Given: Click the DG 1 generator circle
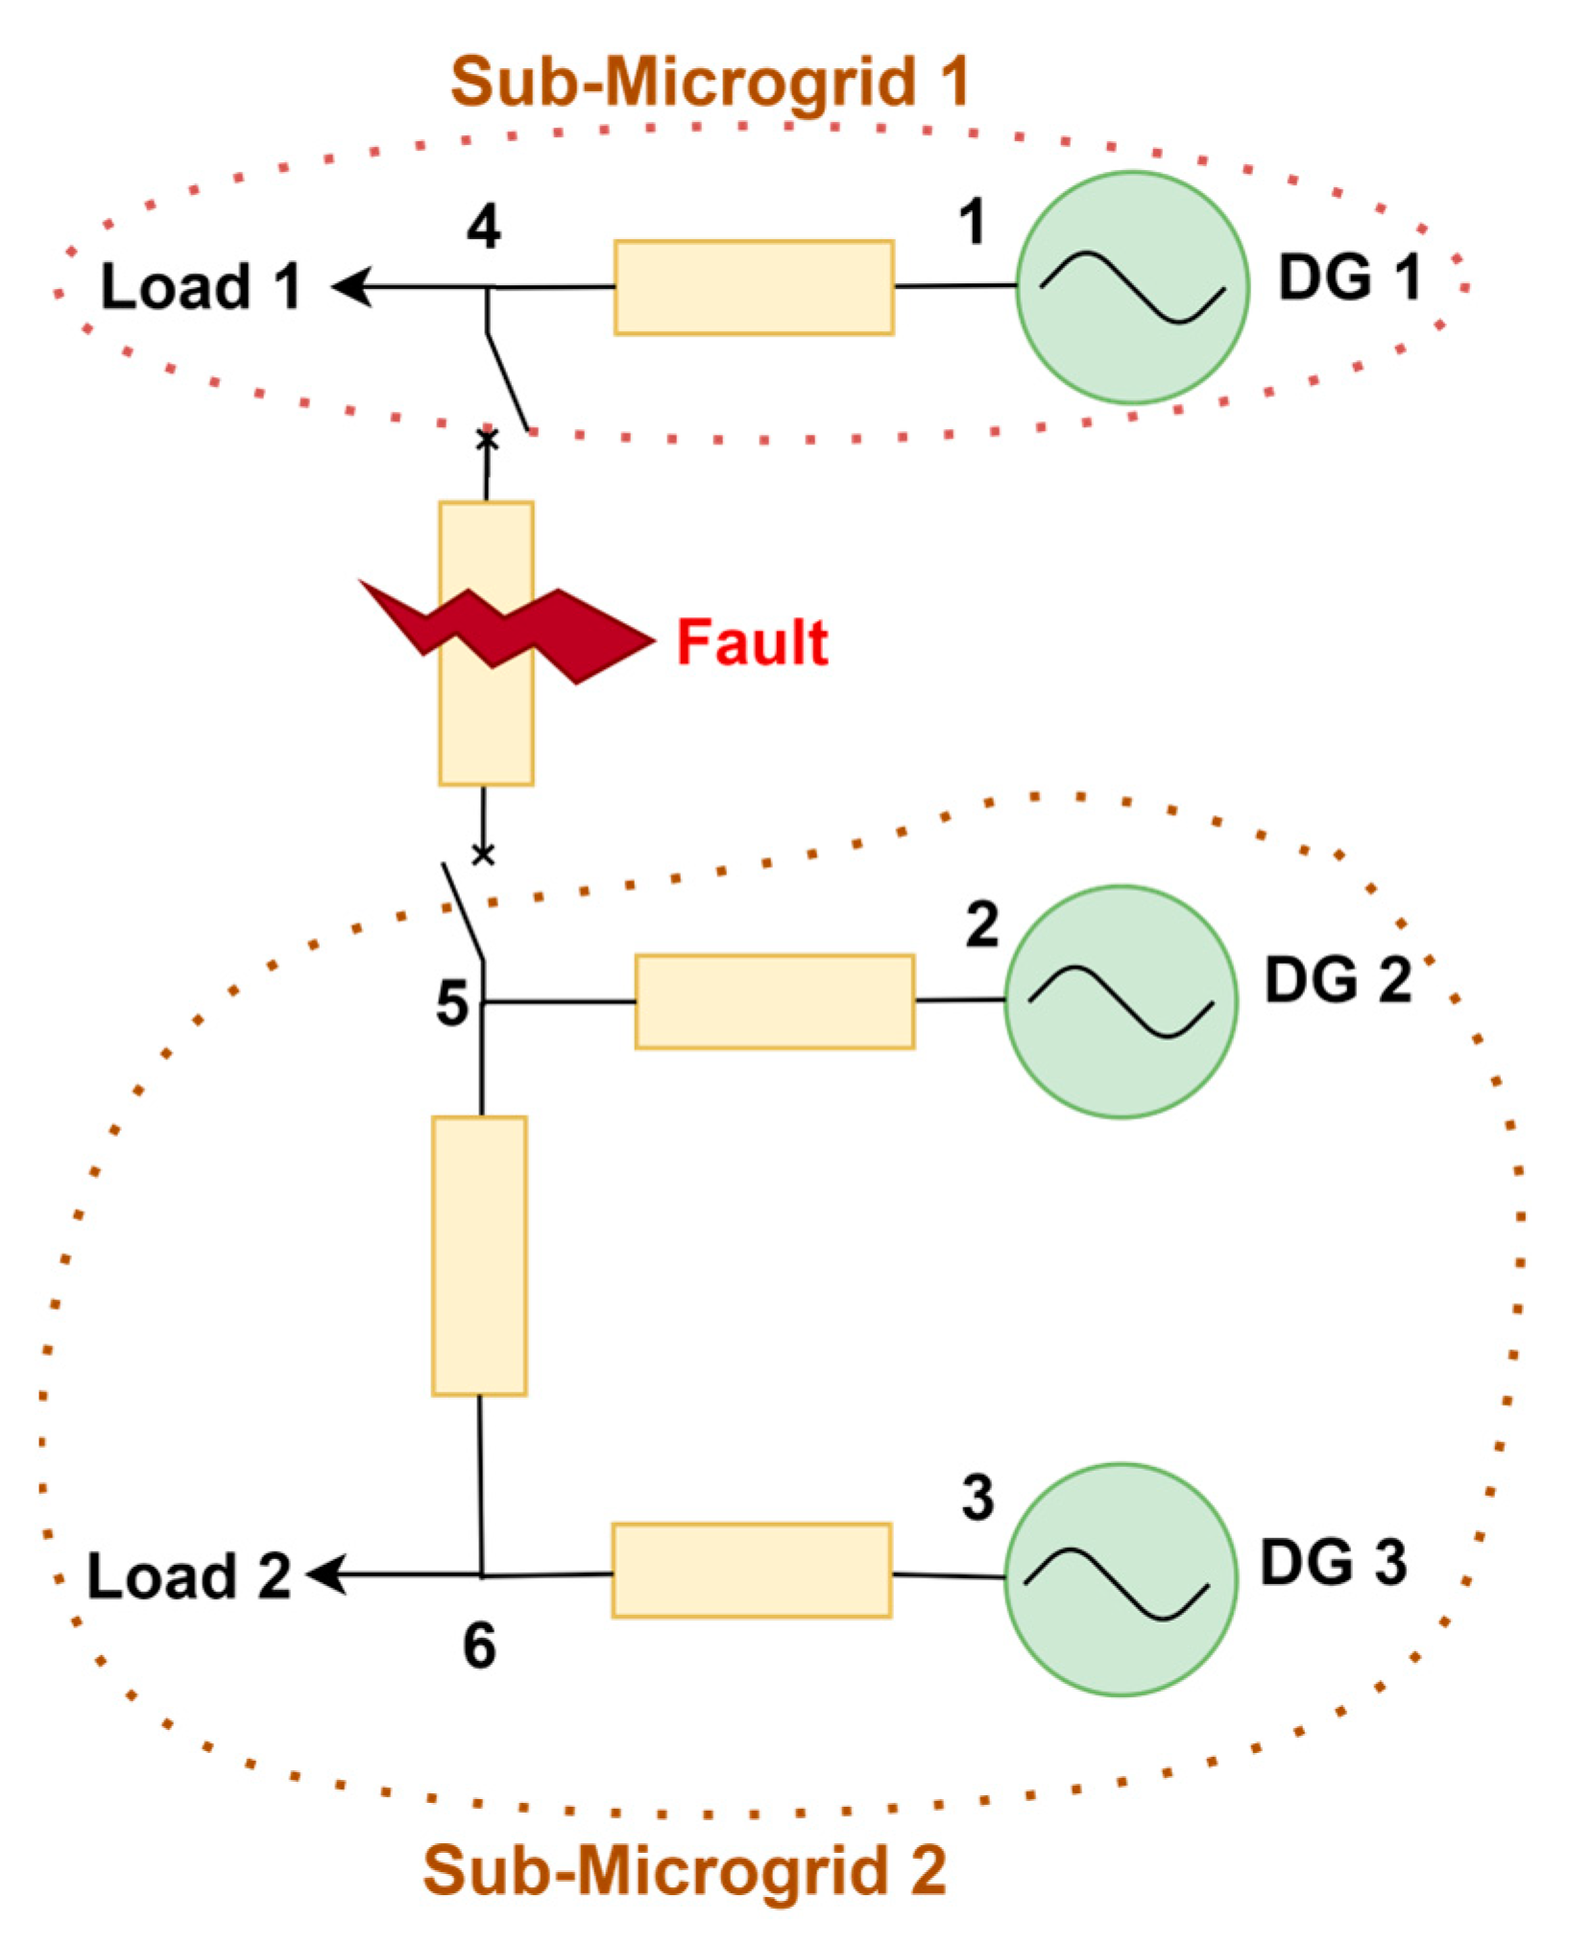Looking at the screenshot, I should click(x=1132, y=287).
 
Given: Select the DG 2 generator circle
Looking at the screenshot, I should click(x=1121, y=1001).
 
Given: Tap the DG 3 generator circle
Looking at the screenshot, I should click(x=1121, y=1579).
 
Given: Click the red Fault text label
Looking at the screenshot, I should click(x=752, y=642).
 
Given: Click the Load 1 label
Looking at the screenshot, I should click(x=202, y=287).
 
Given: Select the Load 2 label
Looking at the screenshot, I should click(x=189, y=1576).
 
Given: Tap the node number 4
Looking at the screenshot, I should click(x=483, y=228).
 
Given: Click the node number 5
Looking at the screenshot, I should click(x=452, y=1004).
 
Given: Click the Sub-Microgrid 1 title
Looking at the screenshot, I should click(x=710, y=83).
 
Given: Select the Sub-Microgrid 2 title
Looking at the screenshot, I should click(x=685, y=1869).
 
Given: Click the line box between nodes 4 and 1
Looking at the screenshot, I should click(x=754, y=288).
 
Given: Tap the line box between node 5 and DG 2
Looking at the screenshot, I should click(x=774, y=1001).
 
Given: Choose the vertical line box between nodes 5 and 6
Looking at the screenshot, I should click(x=479, y=1255).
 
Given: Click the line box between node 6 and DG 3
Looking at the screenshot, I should click(x=752, y=1571).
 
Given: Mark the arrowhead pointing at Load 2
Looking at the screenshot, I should click(x=326, y=1574).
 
